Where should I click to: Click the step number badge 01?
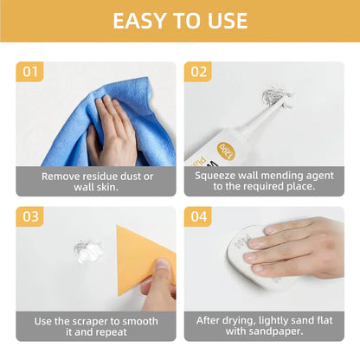coord(30,71)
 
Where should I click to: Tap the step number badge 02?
coord(198,71)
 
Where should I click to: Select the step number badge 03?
coord(30,216)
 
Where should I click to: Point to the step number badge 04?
coord(198,216)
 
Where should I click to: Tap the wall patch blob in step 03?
coord(87,253)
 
